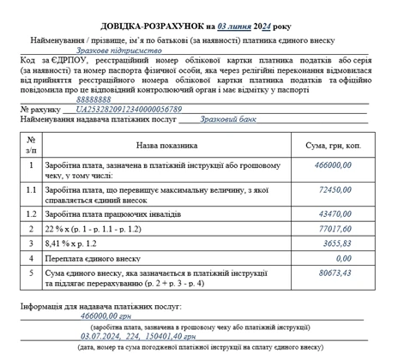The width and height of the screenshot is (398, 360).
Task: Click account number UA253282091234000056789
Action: coord(130,110)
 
